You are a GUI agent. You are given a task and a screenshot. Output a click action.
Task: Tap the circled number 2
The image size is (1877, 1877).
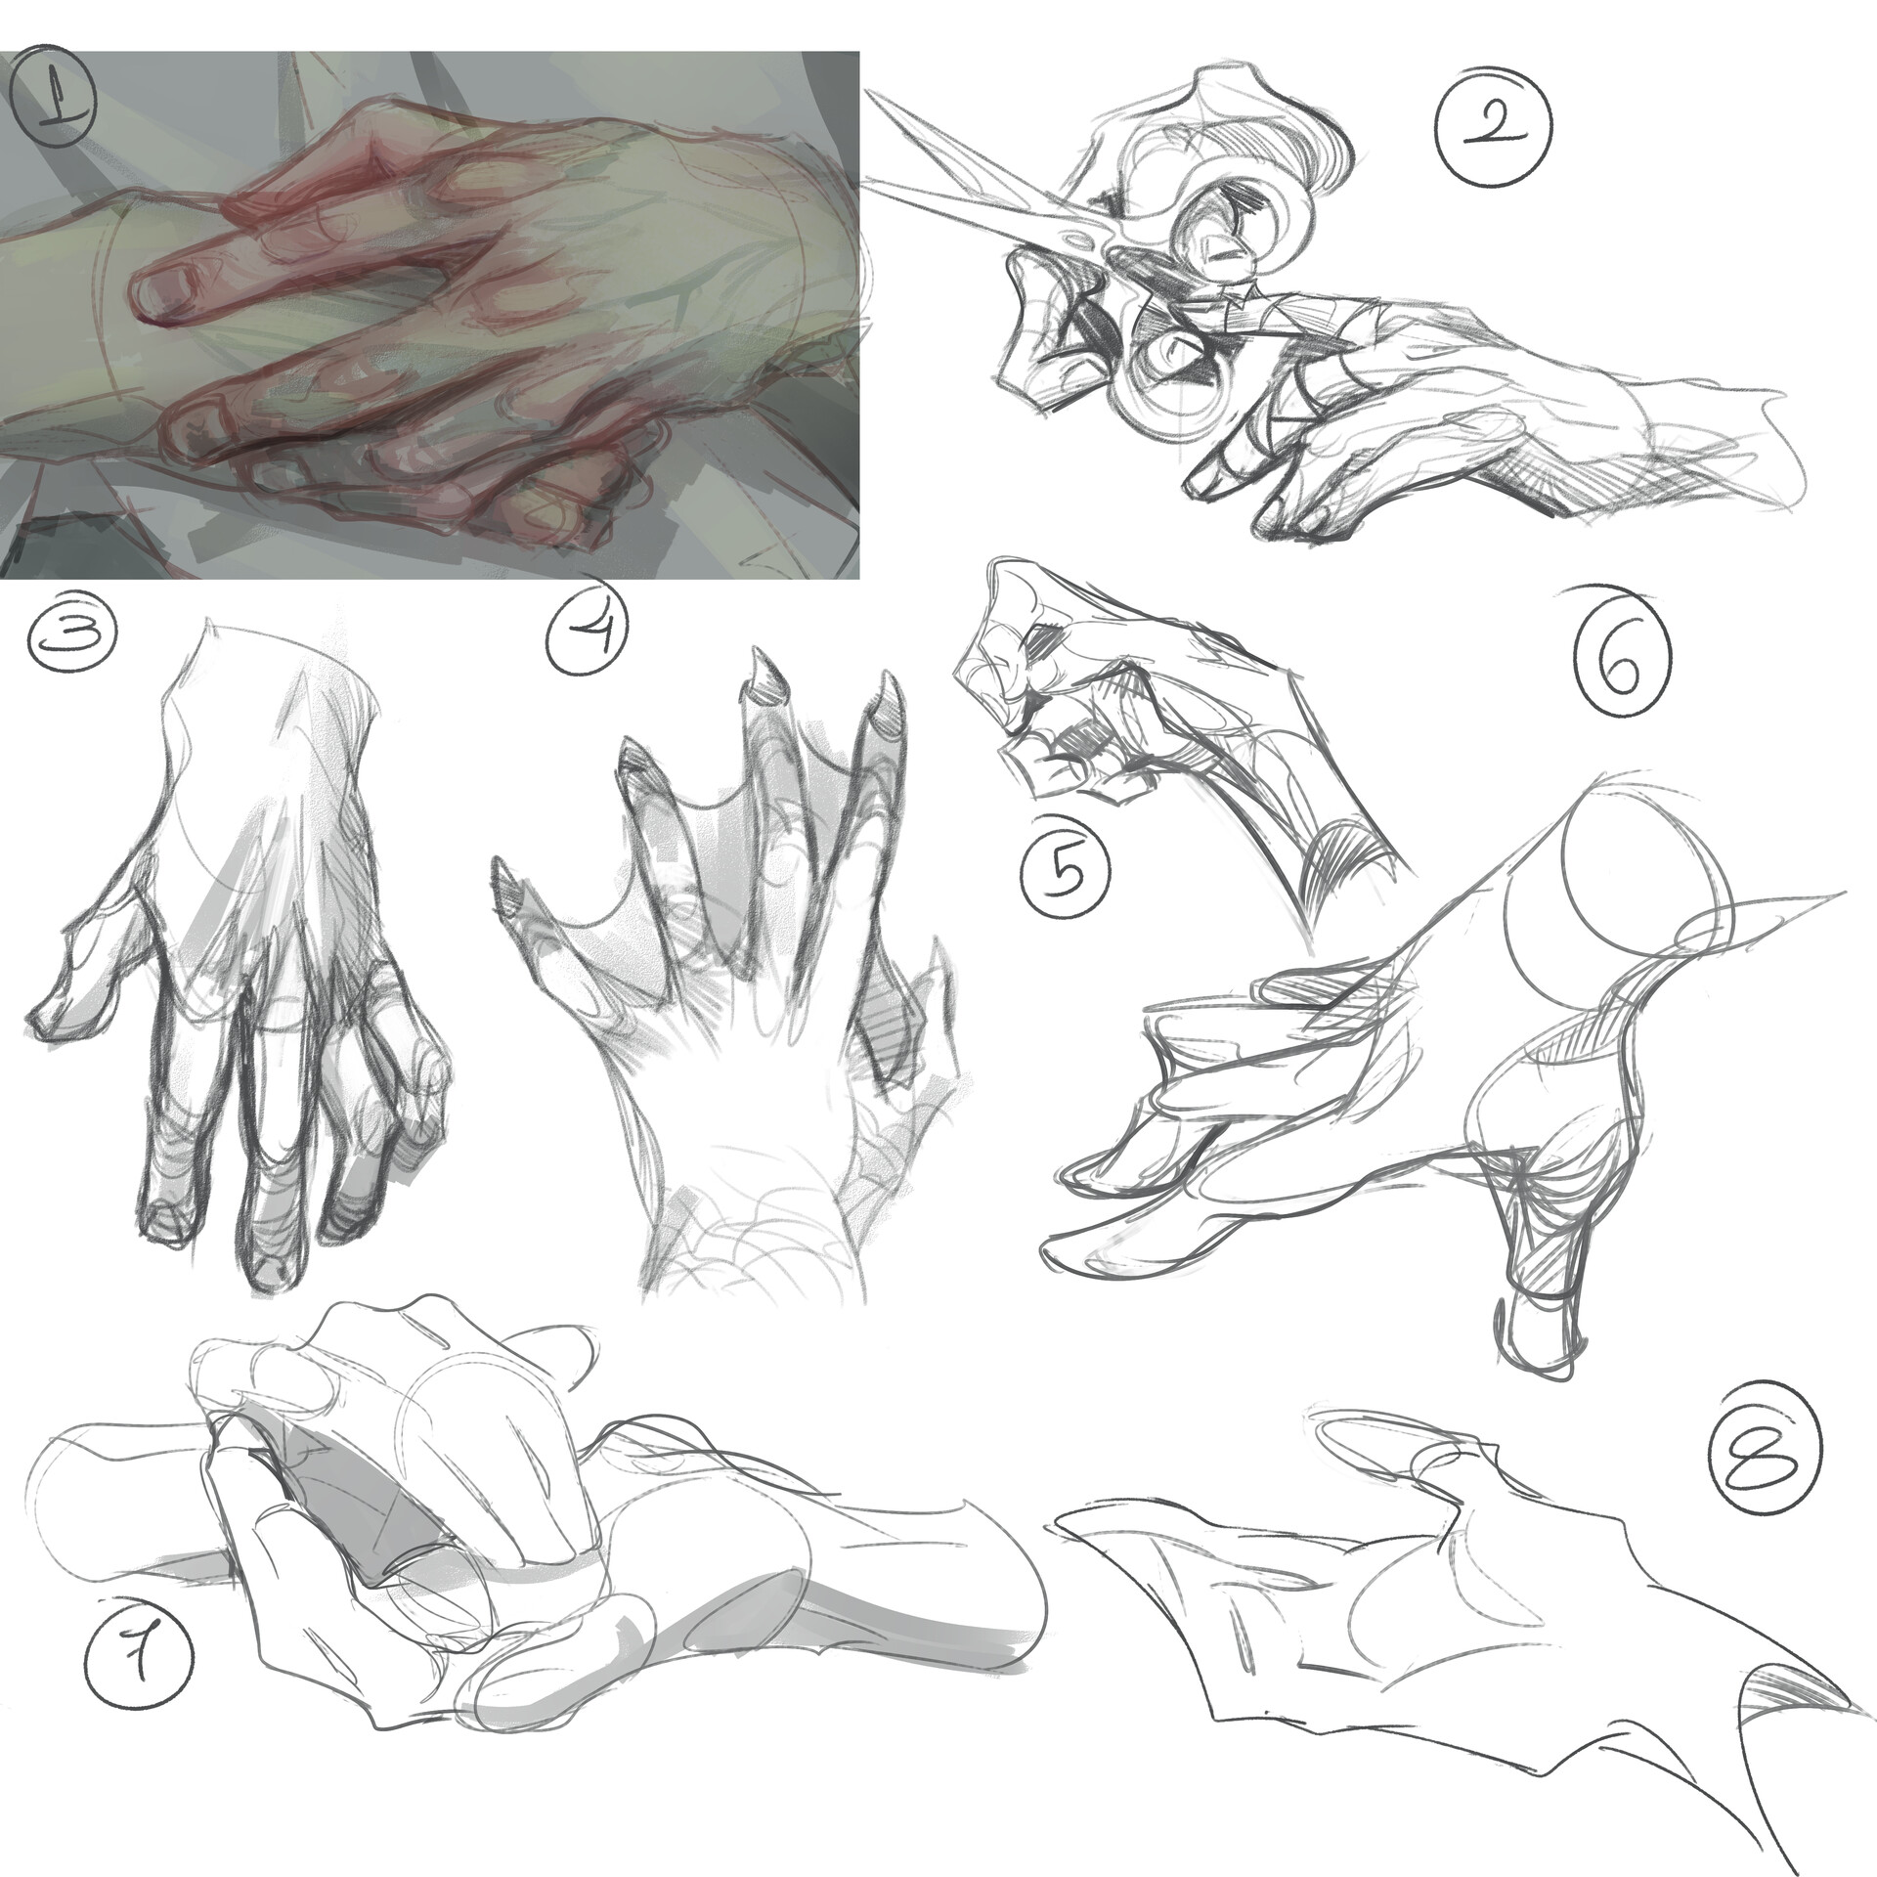[1493, 153]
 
